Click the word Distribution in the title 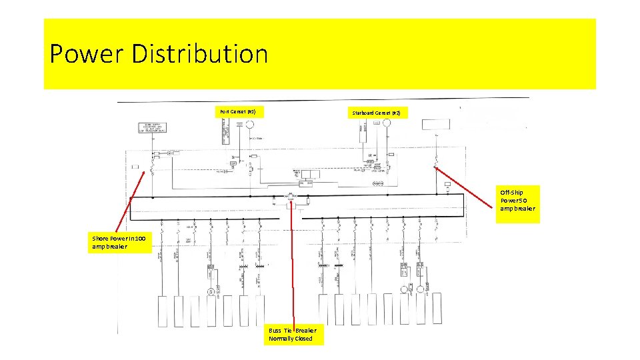(200, 54)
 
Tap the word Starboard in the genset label (363, 113)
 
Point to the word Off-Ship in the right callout (512, 193)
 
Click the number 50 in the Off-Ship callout (524, 201)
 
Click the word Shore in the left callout (101, 238)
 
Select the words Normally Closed (290, 339)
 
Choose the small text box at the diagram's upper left (154, 128)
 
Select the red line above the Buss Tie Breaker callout (291, 267)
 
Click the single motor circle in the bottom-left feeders (211, 291)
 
